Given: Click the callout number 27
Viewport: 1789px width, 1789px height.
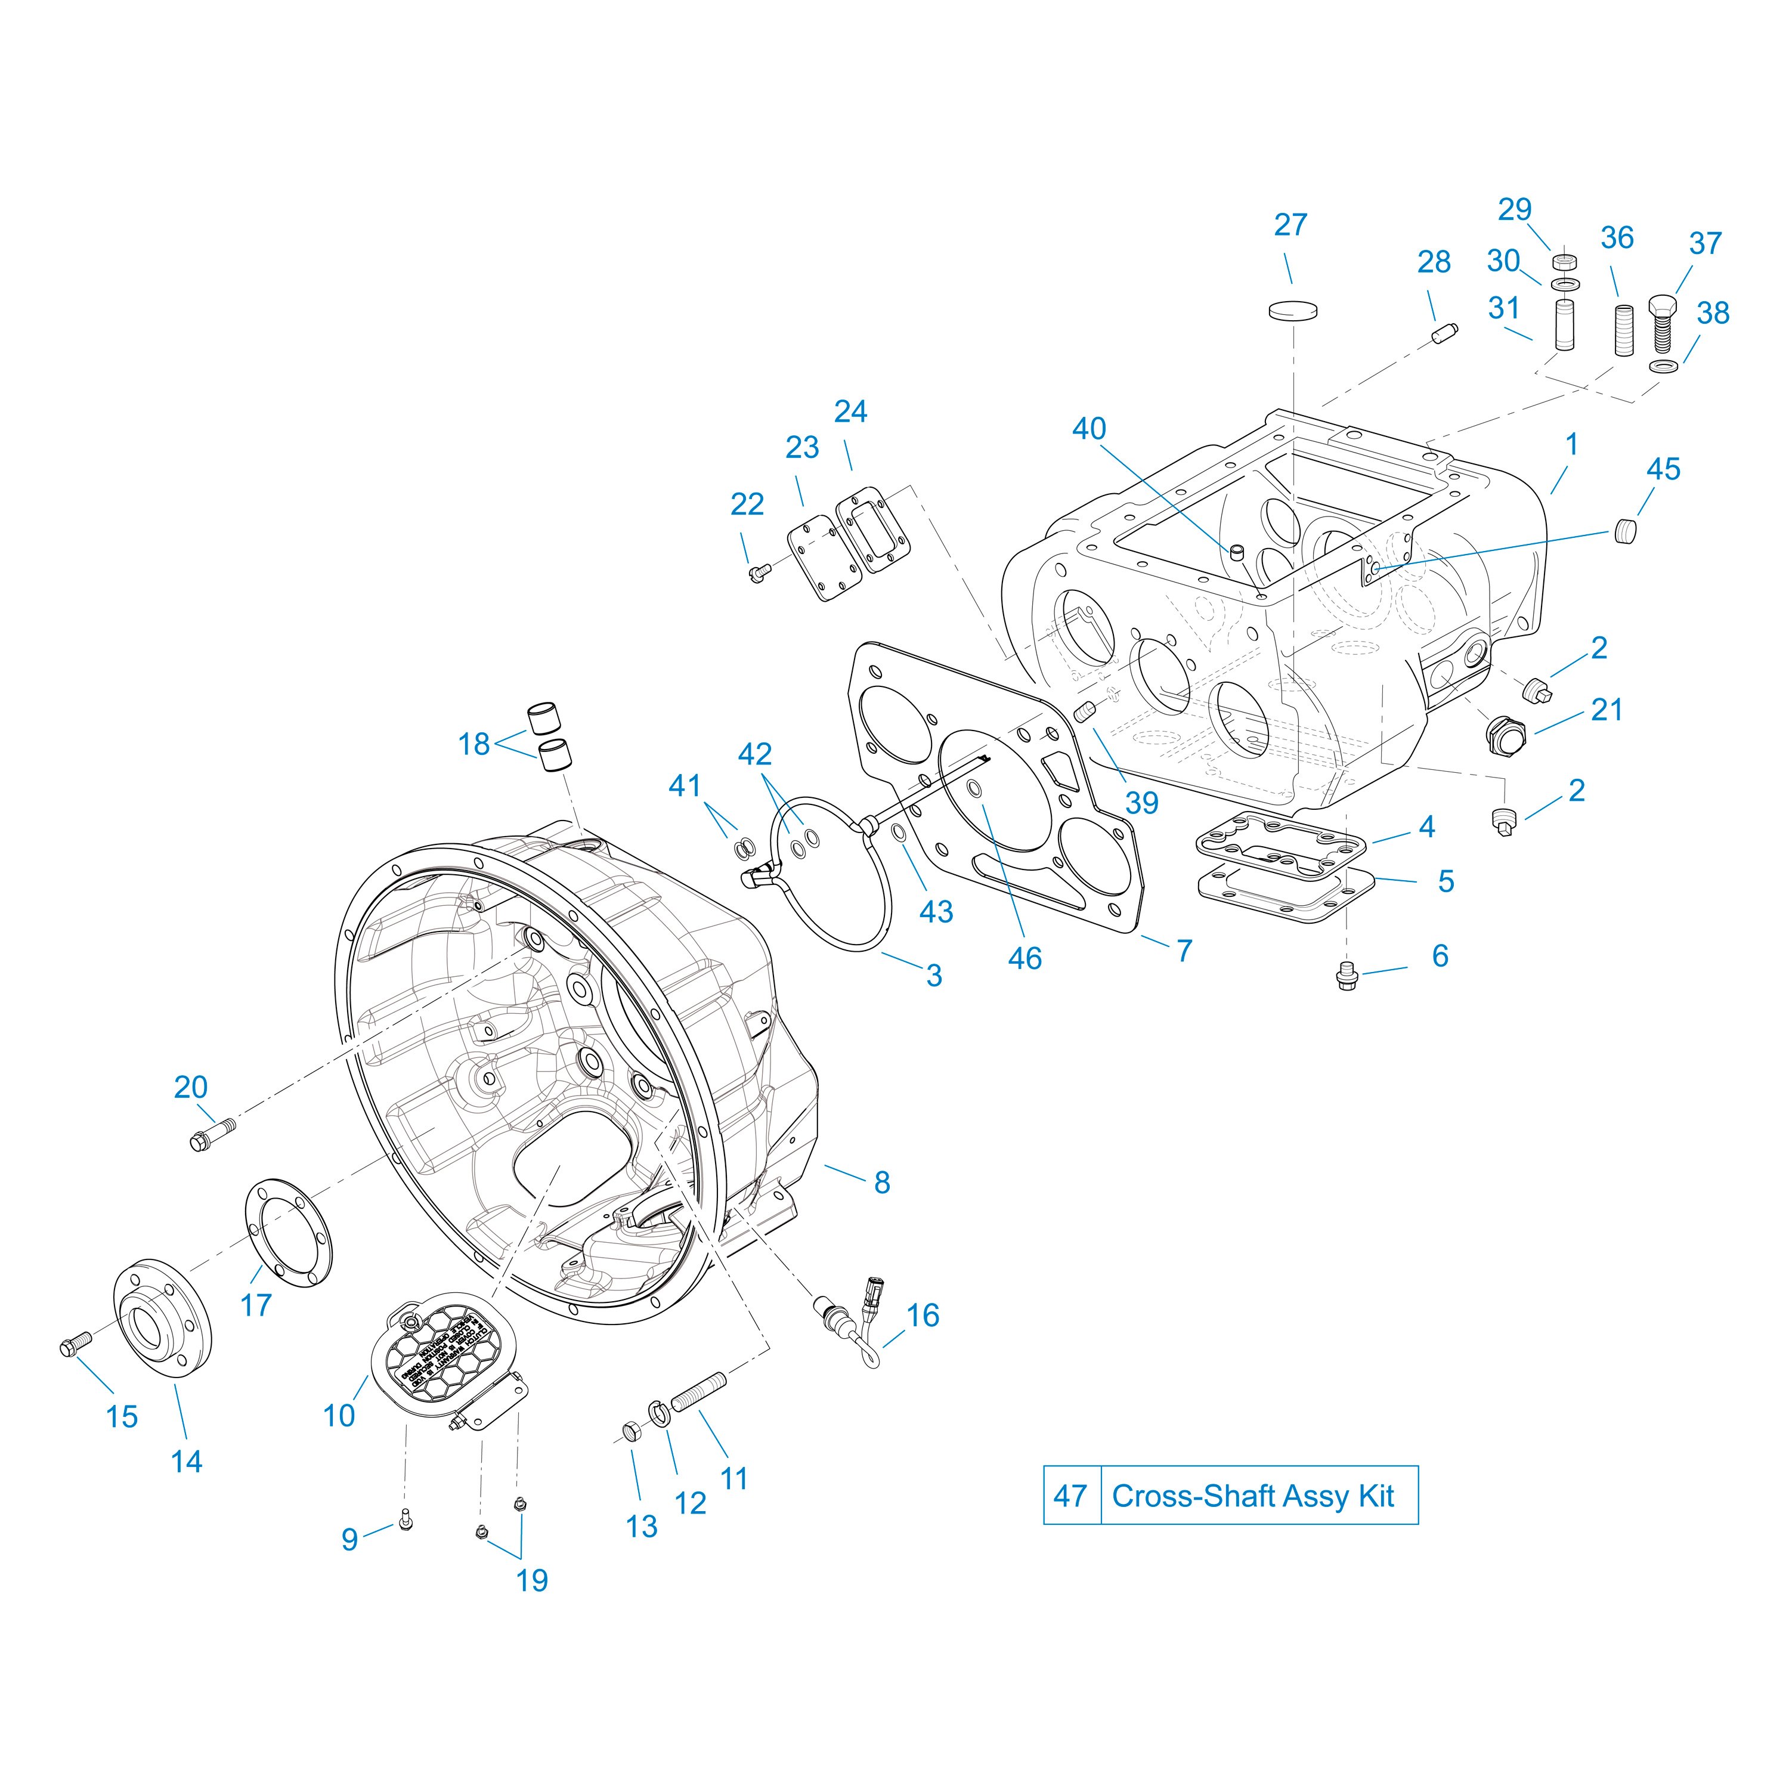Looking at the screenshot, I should pos(1290,225).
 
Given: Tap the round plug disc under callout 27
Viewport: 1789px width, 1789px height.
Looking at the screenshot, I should pos(1293,310).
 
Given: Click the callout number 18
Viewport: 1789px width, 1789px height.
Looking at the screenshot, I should pos(474,744).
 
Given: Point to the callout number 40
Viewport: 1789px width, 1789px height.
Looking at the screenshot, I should pos(1089,429).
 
